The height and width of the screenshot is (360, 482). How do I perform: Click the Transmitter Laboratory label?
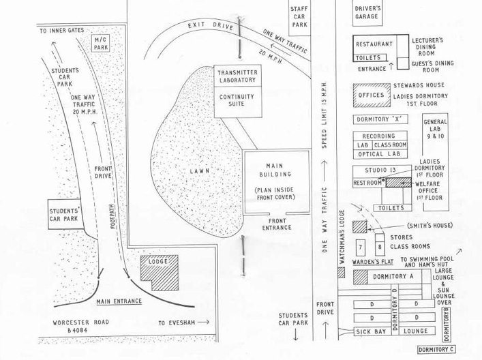tap(236, 76)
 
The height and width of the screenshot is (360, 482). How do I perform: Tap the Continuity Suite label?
tap(236, 101)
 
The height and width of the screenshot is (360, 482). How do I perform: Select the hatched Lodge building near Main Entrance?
tap(159, 268)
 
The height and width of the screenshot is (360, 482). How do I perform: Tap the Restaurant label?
tap(374, 44)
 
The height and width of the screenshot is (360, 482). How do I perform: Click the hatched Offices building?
tap(371, 95)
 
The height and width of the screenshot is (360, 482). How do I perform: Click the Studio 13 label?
tap(378, 170)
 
